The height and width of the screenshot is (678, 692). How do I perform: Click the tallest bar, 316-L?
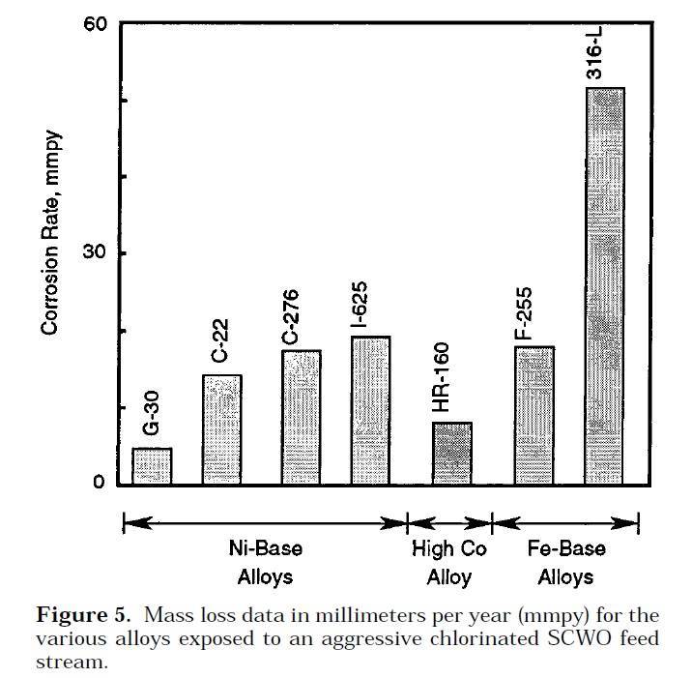pos(605,285)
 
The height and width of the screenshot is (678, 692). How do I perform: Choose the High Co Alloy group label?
pos(449,563)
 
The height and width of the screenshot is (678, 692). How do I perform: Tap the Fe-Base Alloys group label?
pos(566,563)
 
